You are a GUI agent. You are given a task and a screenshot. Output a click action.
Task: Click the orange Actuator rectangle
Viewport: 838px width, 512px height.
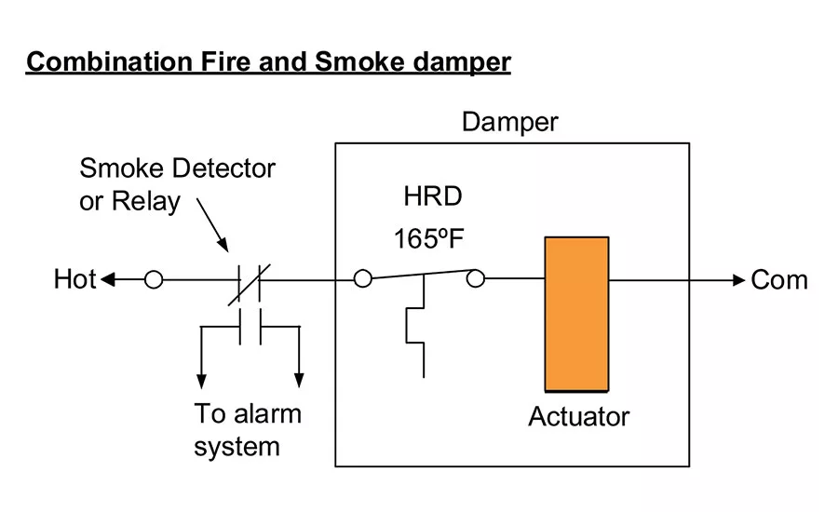point(576,314)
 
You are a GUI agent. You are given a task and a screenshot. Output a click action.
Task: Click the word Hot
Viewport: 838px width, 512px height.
point(75,279)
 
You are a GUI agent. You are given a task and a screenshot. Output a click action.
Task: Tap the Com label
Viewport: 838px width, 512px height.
point(779,280)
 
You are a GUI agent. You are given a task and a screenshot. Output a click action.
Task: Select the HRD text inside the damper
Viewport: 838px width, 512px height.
point(433,196)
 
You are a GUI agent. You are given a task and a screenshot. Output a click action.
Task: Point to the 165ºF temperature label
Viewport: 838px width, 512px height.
point(428,238)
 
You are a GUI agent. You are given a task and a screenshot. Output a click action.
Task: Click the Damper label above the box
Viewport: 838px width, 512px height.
point(510,122)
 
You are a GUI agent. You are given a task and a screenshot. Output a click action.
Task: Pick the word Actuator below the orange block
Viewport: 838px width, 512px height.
point(579,416)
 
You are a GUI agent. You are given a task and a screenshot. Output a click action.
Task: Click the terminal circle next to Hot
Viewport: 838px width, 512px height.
point(154,279)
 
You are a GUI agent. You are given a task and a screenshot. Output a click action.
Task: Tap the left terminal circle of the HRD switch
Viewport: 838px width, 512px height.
point(363,278)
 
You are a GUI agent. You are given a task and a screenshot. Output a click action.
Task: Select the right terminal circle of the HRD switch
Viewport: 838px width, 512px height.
point(476,278)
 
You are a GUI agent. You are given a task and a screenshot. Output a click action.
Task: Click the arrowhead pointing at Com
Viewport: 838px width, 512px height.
point(738,279)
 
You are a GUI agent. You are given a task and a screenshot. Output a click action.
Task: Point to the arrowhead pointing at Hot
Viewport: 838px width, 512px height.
point(107,279)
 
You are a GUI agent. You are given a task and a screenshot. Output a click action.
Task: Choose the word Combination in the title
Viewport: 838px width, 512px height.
point(110,61)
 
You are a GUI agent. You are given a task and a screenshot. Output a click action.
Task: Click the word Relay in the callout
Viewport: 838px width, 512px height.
point(146,202)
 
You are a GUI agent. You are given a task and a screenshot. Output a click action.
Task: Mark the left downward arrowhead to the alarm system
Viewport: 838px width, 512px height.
point(201,381)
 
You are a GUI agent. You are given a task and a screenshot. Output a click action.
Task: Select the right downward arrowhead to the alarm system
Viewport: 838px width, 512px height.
point(299,380)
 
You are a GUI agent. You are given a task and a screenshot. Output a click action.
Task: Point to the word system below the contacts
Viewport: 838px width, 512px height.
point(237,447)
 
